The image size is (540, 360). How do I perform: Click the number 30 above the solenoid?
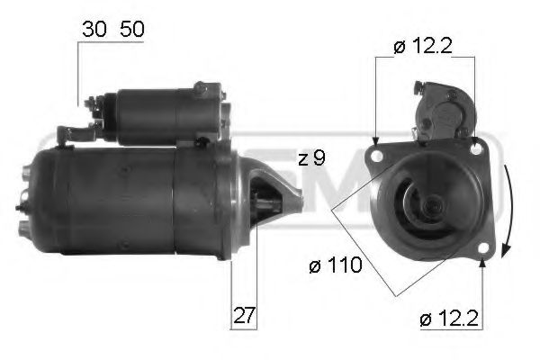(x=92, y=29)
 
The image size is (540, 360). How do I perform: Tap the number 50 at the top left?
(x=131, y=29)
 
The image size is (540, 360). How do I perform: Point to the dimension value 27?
(x=244, y=316)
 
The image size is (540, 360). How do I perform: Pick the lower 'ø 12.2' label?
(x=448, y=317)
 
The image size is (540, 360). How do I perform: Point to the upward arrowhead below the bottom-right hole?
(x=483, y=263)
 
